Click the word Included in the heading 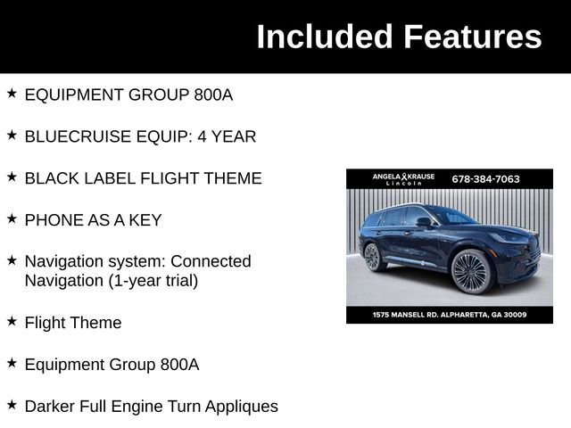pyautogui.click(x=324, y=37)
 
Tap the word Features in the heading pyautogui.click(x=472, y=37)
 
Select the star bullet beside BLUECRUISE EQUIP pyautogui.click(x=12, y=135)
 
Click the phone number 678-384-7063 pyautogui.click(x=485, y=178)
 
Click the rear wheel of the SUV pyautogui.click(x=374, y=258)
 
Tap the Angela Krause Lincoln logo pyautogui.click(x=403, y=179)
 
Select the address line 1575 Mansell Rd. pyautogui.click(x=449, y=314)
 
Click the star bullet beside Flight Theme pyautogui.click(x=12, y=321)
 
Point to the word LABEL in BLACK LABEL pyautogui.click(x=105, y=178)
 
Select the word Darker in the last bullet pyautogui.click(x=50, y=407)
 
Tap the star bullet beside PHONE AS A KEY pyautogui.click(x=12, y=218)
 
